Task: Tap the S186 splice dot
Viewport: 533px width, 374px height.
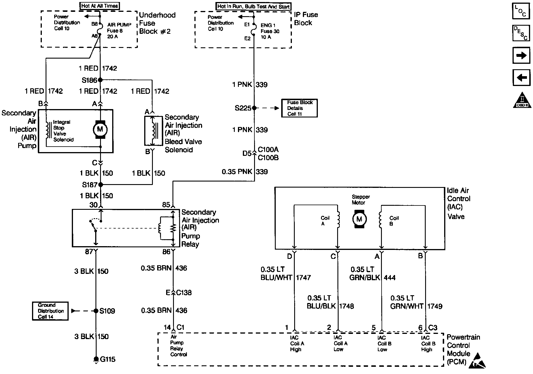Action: click(x=100, y=80)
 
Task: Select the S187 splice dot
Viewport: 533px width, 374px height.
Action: click(x=100, y=185)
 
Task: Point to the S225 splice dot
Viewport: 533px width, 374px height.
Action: click(x=254, y=108)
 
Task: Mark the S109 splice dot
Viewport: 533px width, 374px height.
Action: click(x=96, y=311)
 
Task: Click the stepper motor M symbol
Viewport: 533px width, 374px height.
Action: click(x=359, y=219)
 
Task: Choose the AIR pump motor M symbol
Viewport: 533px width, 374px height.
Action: click(x=100, y=129)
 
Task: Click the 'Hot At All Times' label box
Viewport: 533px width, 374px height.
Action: click(x=100, y=5)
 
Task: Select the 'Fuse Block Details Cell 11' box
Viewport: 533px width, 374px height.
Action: click(x=299, y=108)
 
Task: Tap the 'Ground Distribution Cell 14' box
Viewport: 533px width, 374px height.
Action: click(x=50, y=311)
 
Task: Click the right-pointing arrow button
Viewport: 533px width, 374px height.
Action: click(x=521, y=55)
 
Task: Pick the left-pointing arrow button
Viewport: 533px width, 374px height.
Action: click(x=521, y=77)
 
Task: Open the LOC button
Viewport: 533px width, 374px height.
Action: click(x=521, y=11)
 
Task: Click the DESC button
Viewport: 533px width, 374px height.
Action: click(x=521, y=33)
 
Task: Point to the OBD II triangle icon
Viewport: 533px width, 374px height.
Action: click(x=522, y=101)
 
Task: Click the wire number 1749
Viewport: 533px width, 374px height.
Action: click(x=435, y=306)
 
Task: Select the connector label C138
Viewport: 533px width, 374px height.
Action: click(x=184, y=293)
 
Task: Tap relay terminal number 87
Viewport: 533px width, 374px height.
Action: click(x=89, y=252)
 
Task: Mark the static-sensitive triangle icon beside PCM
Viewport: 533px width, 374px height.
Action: click(x=477, y=361)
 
